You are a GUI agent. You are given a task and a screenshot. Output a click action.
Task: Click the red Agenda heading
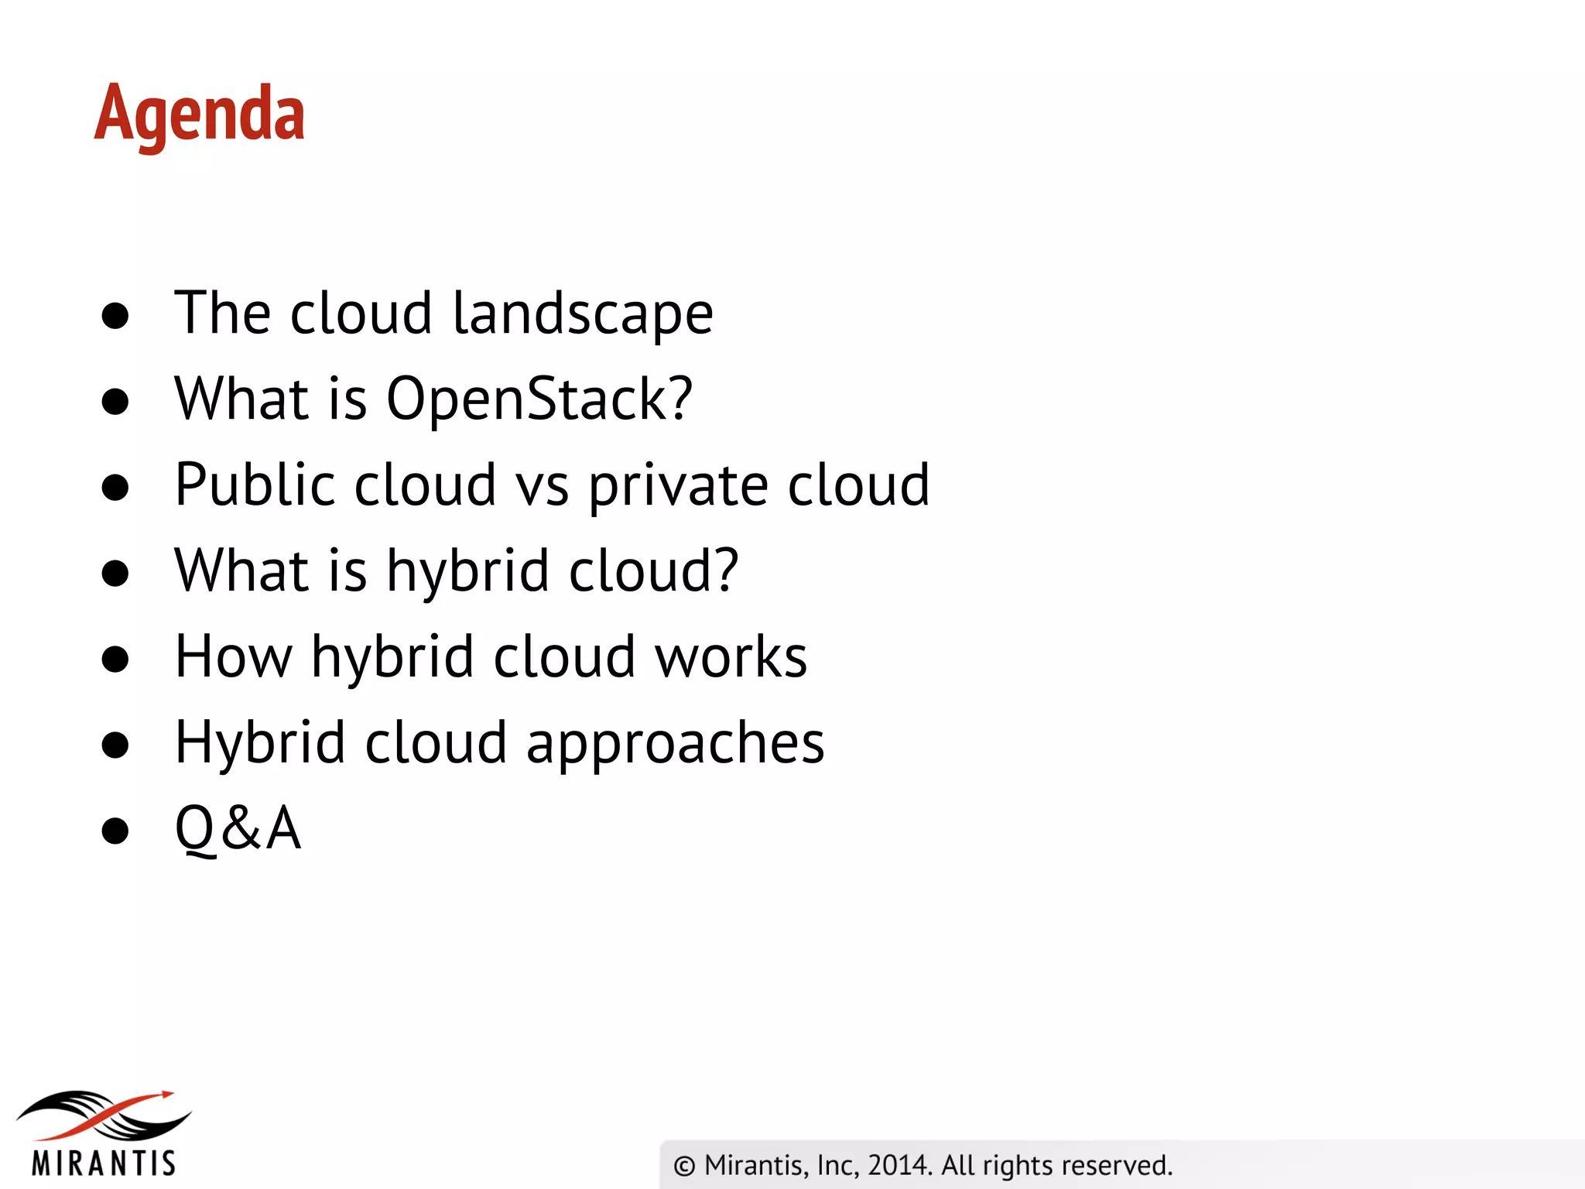[200, 115]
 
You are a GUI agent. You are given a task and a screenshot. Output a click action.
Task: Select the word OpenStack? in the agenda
[539, 399]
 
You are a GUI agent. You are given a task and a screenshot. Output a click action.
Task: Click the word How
[234, 657]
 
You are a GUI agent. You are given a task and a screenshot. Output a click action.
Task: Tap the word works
[731, 657]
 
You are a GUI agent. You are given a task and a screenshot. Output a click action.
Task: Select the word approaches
[675, 744]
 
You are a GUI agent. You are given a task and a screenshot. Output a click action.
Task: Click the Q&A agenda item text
[238, 829]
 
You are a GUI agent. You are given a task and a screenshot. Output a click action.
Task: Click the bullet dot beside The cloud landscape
[115, 316]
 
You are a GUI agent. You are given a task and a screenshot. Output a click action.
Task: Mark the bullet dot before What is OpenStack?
[115, 402]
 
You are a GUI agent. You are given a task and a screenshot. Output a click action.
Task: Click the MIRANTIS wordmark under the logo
[104, 1163]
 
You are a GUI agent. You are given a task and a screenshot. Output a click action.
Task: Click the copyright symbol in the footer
[684, 1166]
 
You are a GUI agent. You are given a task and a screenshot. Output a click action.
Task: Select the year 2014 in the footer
[898, 1165]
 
